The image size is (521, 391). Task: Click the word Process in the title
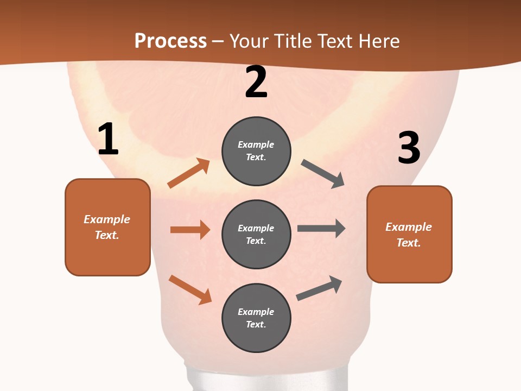point(170,41)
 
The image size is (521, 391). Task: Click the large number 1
point(108,140)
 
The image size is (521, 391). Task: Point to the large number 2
point(256,82)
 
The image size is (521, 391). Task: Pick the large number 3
point(409,148)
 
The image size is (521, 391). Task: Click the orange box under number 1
point(107,227)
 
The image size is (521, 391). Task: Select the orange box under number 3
point(409,234)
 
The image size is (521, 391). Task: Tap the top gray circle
point(256,151)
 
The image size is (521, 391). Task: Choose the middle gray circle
point(256,234)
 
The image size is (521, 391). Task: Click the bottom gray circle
point(256,318)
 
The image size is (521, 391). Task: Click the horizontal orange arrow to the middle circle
point(190,230)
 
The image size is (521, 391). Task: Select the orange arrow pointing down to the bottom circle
point(190,289)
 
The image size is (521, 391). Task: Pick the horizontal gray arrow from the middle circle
point(321,228)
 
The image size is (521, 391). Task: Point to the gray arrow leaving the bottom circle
point(319,288)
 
